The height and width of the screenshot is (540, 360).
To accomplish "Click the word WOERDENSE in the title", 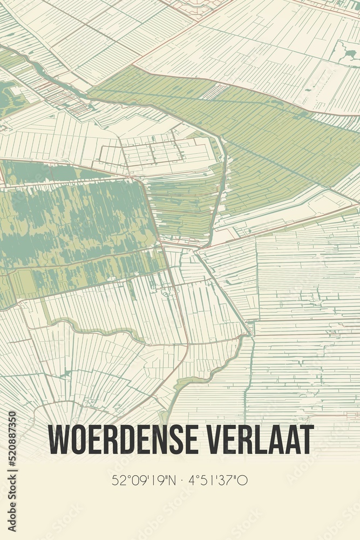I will click(120, 440).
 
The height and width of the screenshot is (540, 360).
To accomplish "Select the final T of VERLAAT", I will click(307, 440).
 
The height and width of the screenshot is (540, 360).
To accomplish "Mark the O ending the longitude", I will click(244, 480).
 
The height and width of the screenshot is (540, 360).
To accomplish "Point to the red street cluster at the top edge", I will click(197, 6).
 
